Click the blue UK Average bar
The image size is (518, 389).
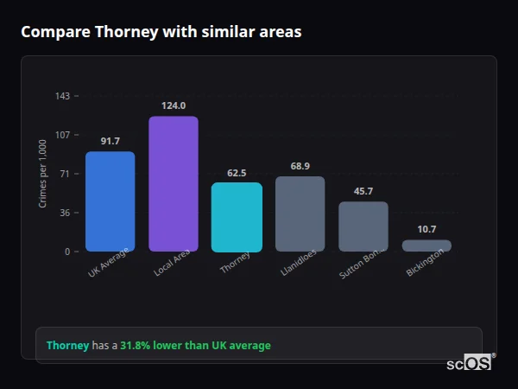coord(110,201)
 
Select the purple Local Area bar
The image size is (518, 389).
coord(174,183)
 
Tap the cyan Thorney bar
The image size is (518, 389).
coord(237,217)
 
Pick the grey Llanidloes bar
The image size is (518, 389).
coord(300,214)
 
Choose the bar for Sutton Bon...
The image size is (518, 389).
coord(363,226)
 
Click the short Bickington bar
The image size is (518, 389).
coord(426,246)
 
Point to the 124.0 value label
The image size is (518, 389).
coord(174,105)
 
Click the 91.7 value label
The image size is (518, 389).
coord(110,141)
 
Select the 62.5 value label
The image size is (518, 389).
coord(237,173)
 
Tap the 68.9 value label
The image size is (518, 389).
coord(300,166)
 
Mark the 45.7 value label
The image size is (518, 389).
coord(363,191)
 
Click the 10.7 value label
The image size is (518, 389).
coord(426,229)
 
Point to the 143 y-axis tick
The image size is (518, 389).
coord(62,96)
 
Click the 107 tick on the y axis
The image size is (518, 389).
coord(62,135)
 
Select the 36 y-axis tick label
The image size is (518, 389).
coord(64,213)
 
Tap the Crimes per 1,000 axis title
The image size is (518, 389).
coord(43,174)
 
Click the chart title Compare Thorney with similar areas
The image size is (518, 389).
coord(161,32)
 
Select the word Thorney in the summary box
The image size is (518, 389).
coord(67,346)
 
